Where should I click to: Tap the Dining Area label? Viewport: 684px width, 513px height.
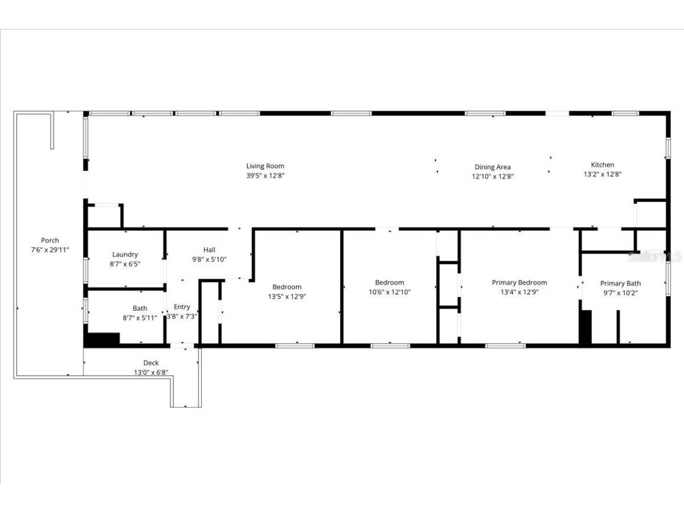(x=492, y=167)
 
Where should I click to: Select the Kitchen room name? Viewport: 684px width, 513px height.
(x=602, y=164)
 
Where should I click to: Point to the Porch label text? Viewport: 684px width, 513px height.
(x=50, y=240)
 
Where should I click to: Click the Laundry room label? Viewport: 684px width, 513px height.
(x=125, y=254)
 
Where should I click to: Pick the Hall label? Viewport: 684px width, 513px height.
(x=209, y=250)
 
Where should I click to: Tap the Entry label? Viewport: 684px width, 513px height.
(x=182, y=306)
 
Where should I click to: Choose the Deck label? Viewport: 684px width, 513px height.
(x=151, y=363)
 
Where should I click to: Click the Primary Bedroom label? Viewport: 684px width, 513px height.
(x=519, y=282)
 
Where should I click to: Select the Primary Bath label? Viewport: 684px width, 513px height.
(x=620, y=283)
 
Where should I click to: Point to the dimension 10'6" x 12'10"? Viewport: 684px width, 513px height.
(x=389, y=292)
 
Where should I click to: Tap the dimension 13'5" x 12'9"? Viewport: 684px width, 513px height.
(x=286, y=296)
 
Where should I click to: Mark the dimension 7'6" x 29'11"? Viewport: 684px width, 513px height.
(x=50, y=250)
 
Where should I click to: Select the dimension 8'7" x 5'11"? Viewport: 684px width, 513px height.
(x=140, y=318)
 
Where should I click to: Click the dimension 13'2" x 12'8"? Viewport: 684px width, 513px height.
(x=602, y=174)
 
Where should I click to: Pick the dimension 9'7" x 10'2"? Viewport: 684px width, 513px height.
(x=620, y=292)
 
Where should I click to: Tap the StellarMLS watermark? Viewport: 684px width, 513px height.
(x=655, y=256)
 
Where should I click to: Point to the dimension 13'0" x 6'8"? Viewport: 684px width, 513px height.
(x=151, y=372)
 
